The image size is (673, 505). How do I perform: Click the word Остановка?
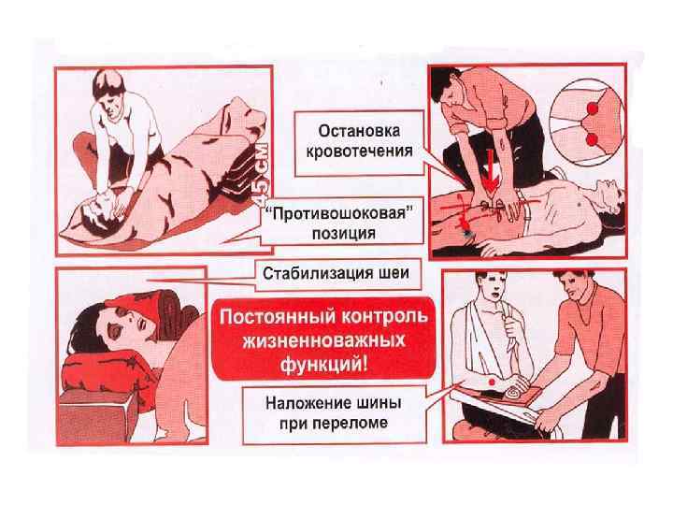pyautogui.click(x=359, y=131)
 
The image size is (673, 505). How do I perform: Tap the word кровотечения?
pyautogui.click(x=359, y=151)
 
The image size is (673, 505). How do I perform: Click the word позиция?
pyautogui.click(x=343, y=234)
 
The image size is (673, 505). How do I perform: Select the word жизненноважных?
pyautogui.click(x=324, y=341)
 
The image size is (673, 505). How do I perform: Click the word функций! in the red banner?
pyautogui.click(x=324, y=365)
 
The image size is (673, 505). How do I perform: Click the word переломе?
pyautogui.click(x=351, y=424)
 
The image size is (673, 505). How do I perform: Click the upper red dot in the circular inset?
pyautogui.click(x=593, y=108)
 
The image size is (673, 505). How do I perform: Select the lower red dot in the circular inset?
pyautogui.click(x=592, y=139)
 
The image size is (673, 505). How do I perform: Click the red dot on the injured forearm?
pyautogui.click(x=492, y=382)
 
